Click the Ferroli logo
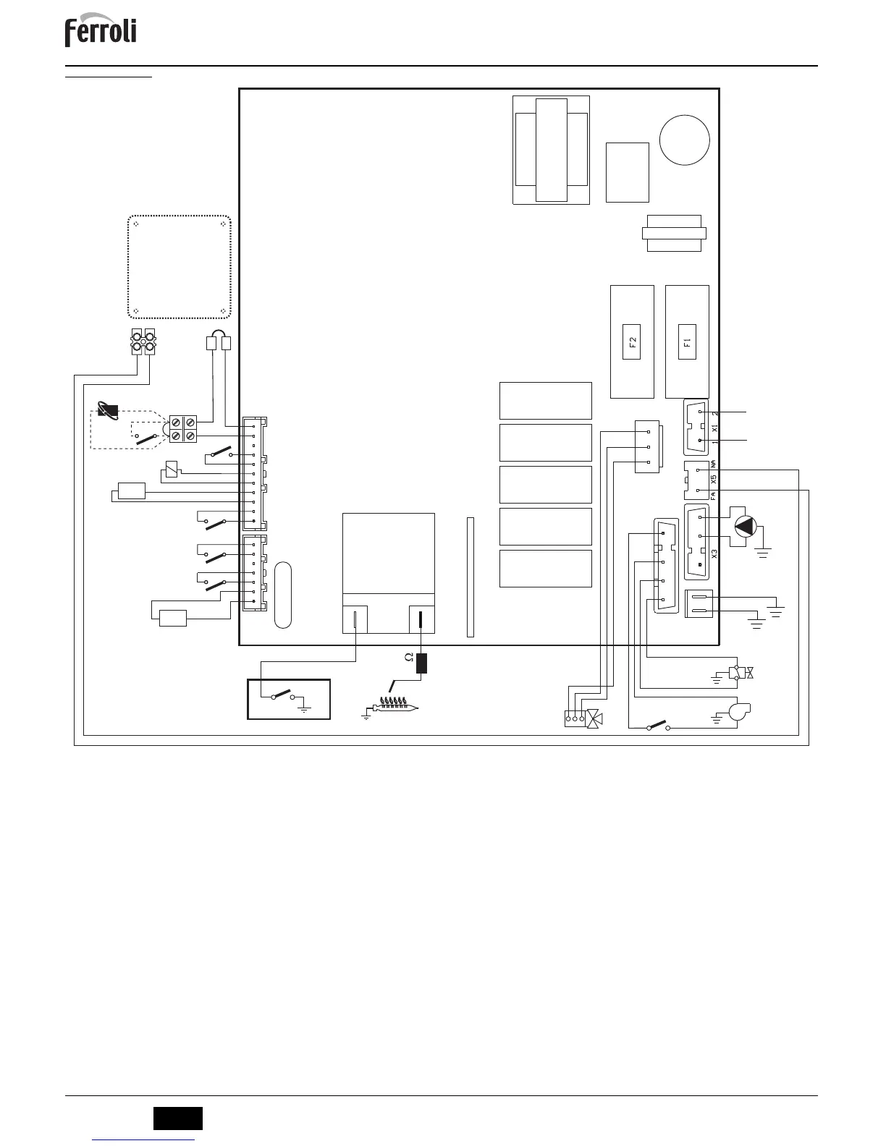[x=101, y=33]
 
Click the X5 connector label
[x=714, y=480]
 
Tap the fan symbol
[x=739, y=711]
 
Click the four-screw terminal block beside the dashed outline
[x=182, y=428]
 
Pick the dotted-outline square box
[x=180, y=266]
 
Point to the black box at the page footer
[x=177, y=1118]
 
